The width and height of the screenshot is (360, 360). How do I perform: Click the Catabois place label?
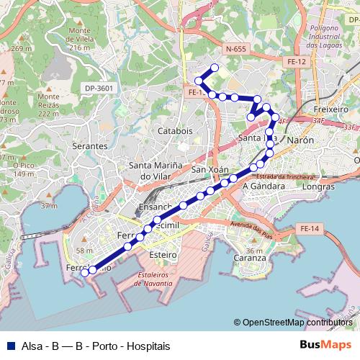[x=175, y=131]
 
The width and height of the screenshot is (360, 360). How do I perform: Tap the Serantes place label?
[x=90, y=145]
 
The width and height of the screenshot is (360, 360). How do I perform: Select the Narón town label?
[x=300, y=140]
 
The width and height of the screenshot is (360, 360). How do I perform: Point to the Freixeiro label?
[x=332, y=109]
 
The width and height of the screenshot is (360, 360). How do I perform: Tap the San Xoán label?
[x=210, y=170]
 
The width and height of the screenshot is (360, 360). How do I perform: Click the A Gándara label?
[x=264, y=185]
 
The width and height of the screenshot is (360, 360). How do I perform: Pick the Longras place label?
[x=318, y=186]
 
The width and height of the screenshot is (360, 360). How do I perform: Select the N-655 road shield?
[x=235, y=49]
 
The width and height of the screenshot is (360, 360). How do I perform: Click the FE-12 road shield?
[x=297, y=62]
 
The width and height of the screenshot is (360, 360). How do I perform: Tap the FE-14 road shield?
[x=309, y=228]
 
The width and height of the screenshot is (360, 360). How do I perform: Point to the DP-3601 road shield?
[x=99, y=88]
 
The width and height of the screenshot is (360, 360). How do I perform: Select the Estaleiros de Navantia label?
[x=153, y=279]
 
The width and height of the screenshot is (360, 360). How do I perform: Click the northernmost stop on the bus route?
[x=214, y=68]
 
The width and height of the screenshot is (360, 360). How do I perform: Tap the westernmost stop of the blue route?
[x=84, y=272]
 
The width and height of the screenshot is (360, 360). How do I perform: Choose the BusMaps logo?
[x=325, y=346]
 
